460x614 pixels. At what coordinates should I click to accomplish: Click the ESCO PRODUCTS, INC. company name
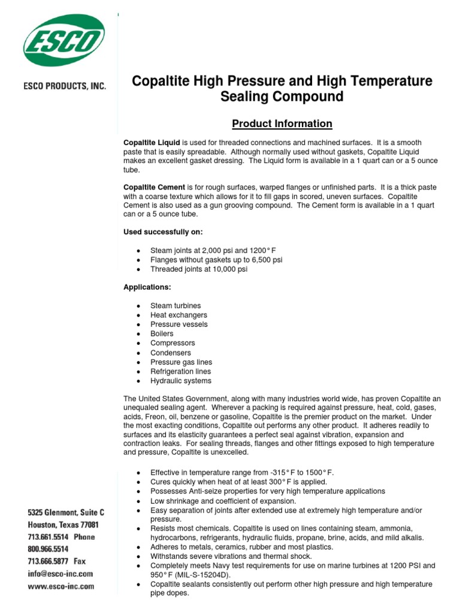[x=65, y=86]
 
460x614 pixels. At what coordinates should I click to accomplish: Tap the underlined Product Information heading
[x=282, y=124]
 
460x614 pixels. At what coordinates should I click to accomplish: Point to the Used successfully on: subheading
[x=158, y=231]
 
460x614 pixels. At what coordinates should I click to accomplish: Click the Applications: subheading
[x=147, y=287]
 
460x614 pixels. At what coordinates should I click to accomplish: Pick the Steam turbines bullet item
[x=175, y=306]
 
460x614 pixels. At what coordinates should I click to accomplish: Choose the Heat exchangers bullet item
[x=178, y=315]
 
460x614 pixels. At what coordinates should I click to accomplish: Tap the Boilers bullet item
[x=162, y=334]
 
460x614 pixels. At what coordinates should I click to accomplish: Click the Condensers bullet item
[x=170, y=353]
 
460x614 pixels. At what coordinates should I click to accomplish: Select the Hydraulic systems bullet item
[x=180, y=381]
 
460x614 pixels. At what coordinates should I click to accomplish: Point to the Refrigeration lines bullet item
[x=180, y=372]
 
